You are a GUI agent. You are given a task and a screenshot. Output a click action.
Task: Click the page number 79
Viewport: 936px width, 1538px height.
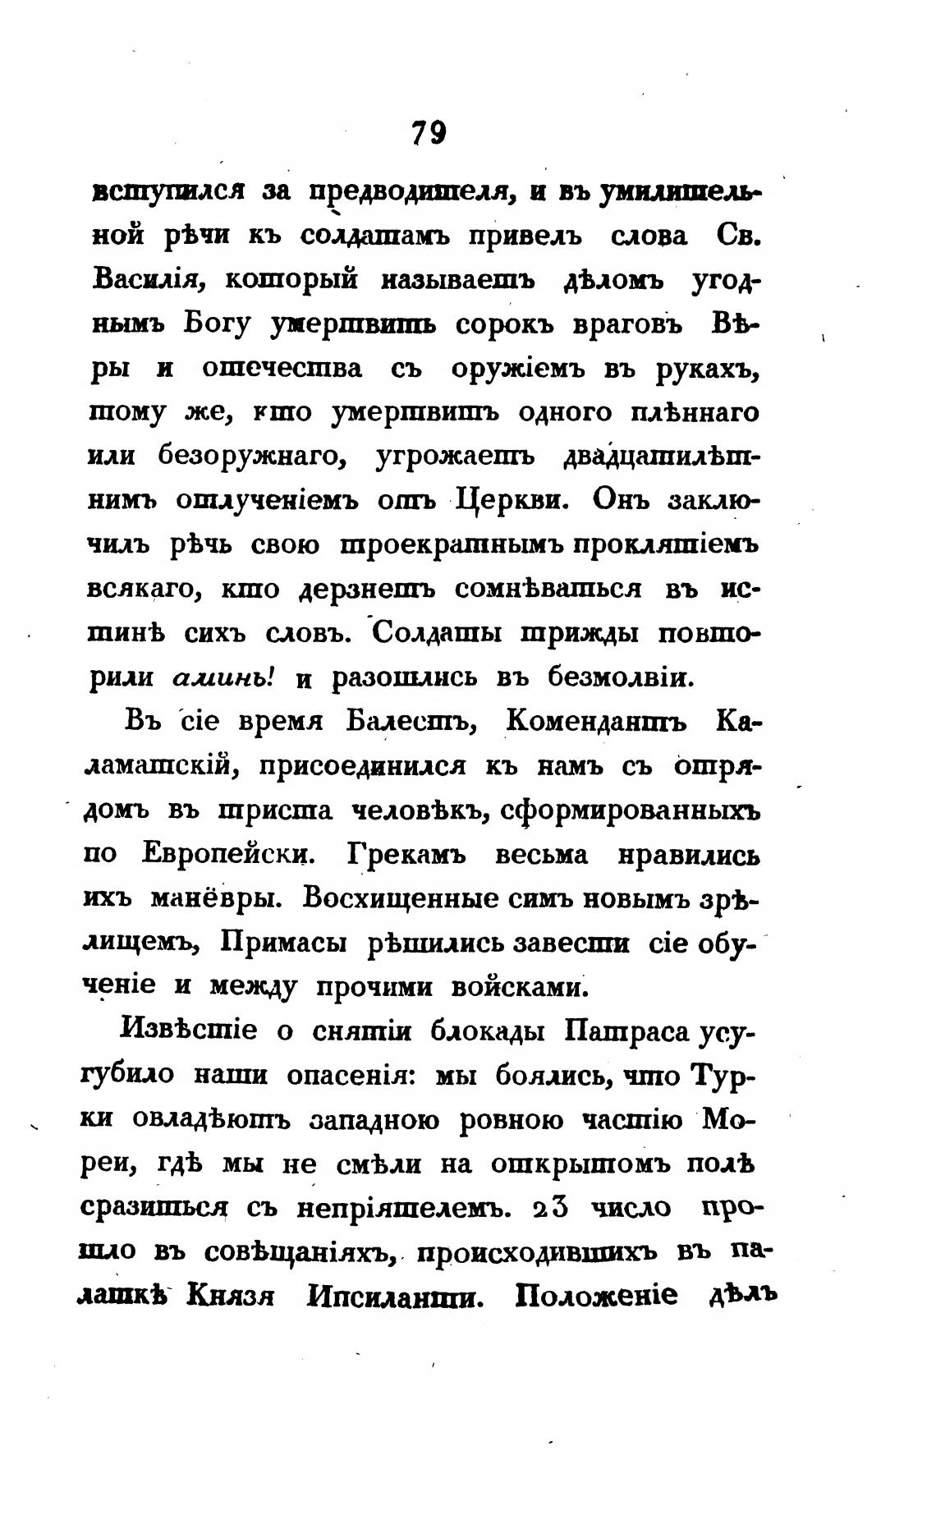(428, 132)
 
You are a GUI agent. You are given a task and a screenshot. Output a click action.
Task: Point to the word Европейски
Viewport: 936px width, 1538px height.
(229, 856)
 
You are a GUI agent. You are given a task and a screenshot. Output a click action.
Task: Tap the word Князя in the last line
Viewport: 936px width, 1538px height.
(230, 1297)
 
